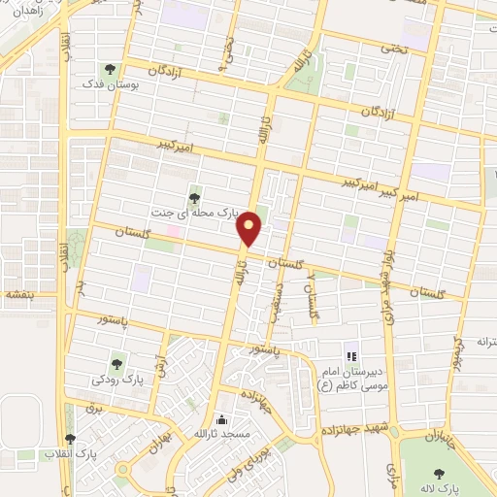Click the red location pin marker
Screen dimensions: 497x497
(250, 229)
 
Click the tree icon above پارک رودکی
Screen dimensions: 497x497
(117, 365)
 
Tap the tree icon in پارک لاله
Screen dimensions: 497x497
(438, 475)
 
